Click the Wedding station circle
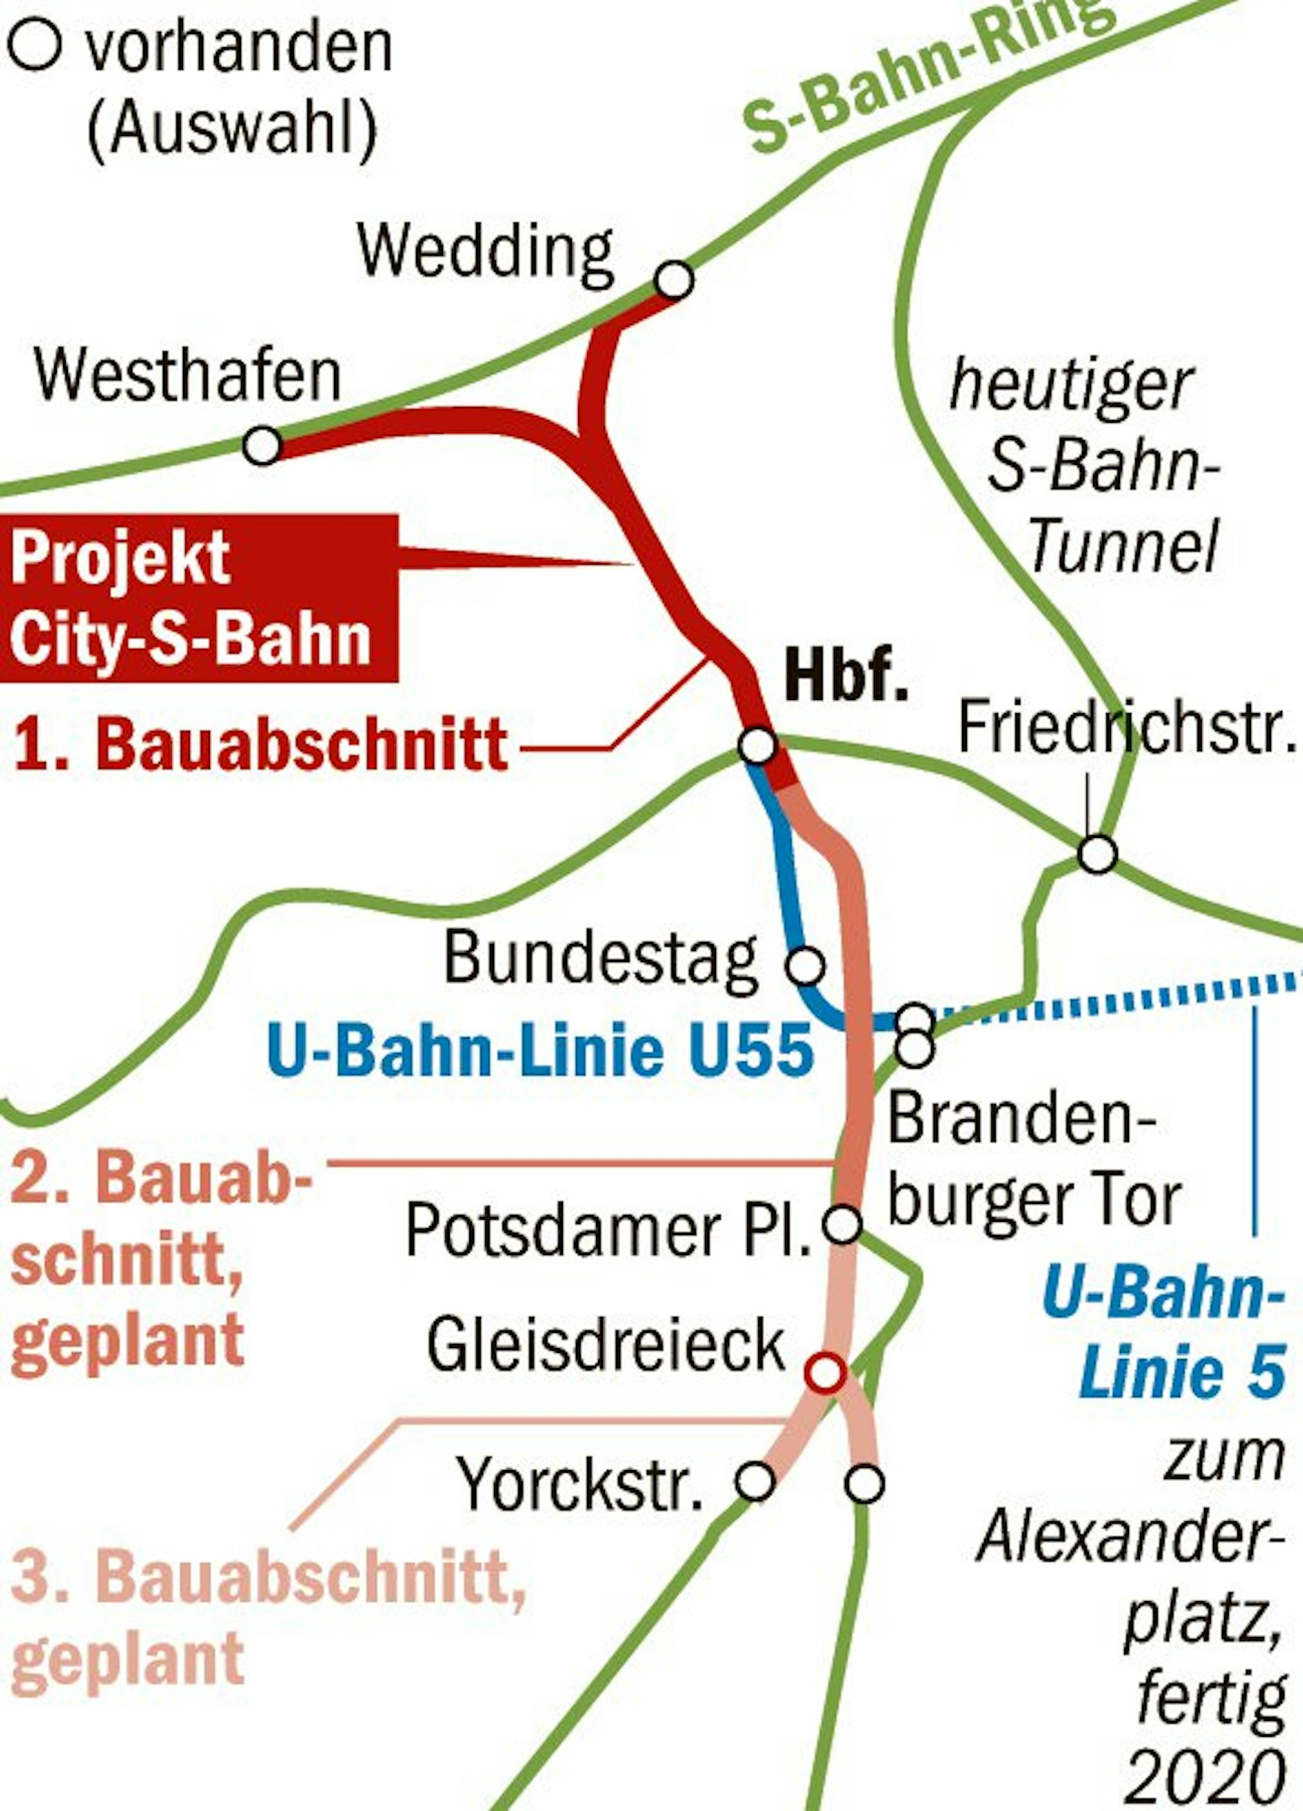pyautogui.click(x=674, y=280)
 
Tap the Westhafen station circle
pyautogui.click(x=263, y=445)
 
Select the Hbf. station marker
pyautogui.click(x=757, y=745)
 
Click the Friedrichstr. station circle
pyautogui.click(x=1097, y=854)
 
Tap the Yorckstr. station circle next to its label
pyautogui.click(x=755, y=1482)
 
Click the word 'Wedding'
pyautogui.click(x=485, y=252)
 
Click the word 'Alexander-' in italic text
pyautogui.click(x=1130, y=1537)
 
